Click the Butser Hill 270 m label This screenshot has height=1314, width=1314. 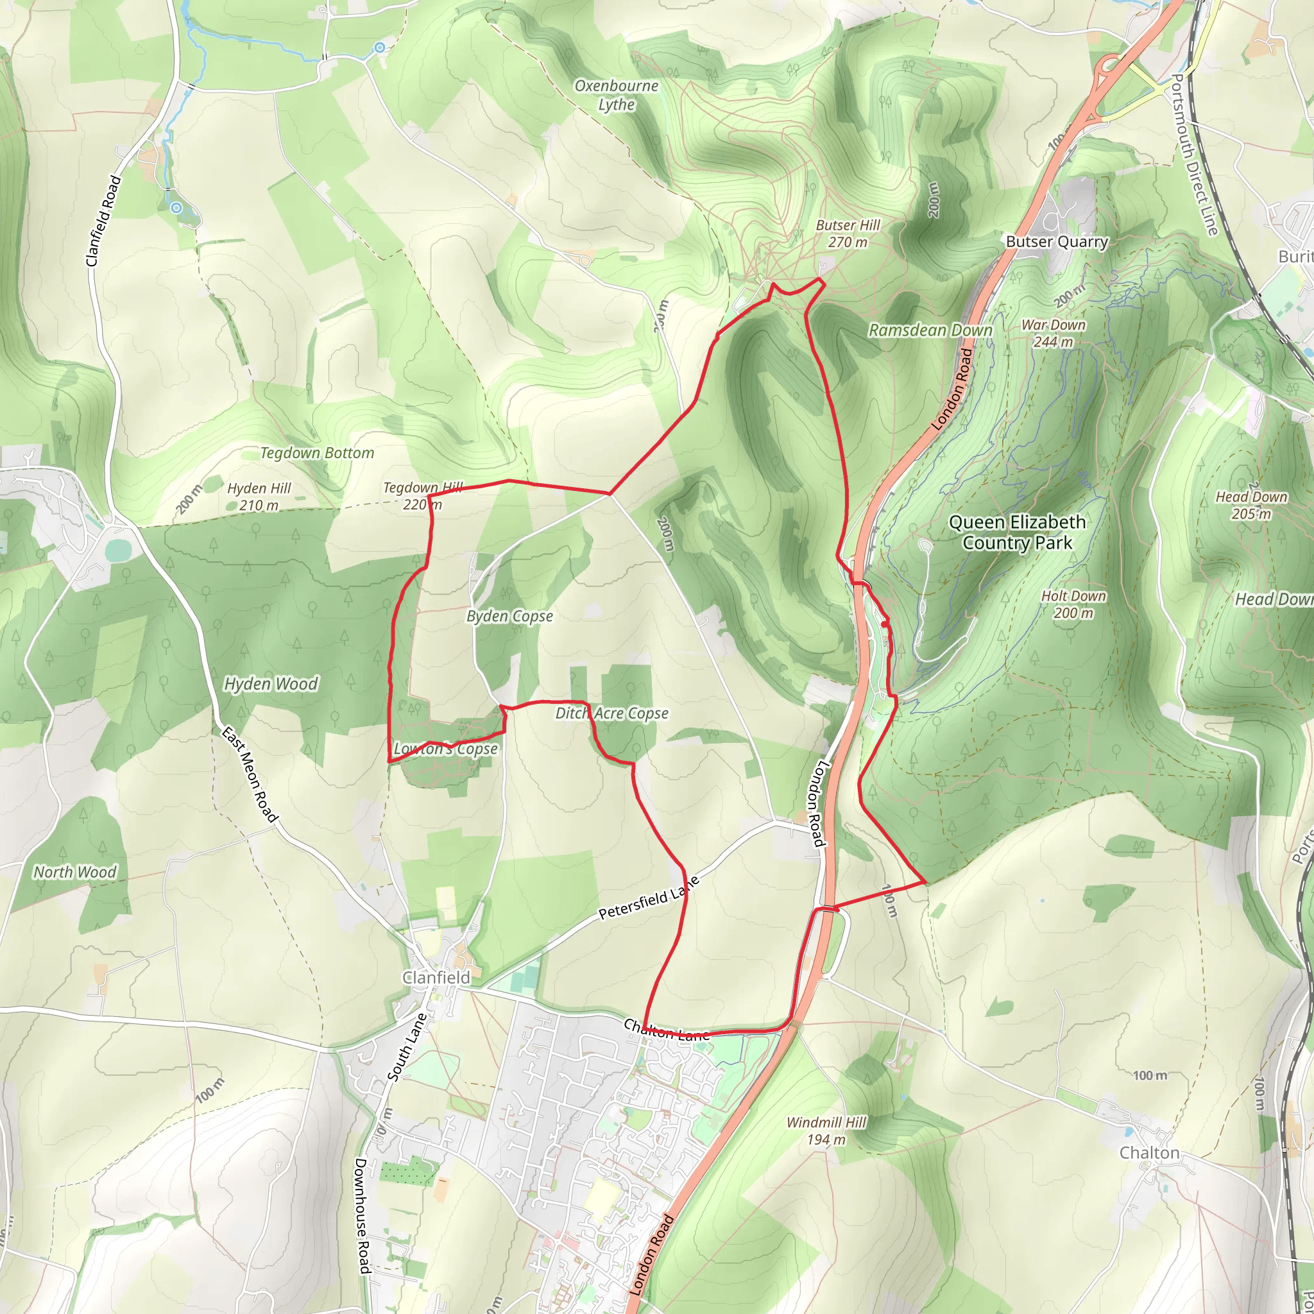tap(848, 234)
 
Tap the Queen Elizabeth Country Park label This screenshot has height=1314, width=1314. tap(1017, 532)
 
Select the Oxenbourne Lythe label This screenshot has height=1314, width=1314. tap(616, 95)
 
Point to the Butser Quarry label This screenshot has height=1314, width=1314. tap(1057, 241)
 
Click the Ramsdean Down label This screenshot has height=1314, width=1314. tap(930, 330)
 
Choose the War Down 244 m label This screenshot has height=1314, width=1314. tap(1053, 333)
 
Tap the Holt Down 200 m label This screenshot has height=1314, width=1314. tap(1073, 604)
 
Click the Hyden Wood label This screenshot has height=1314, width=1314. tap(271, 683)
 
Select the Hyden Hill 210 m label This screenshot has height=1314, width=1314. tap(259, 497)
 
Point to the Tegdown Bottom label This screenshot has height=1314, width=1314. tap(317, 453)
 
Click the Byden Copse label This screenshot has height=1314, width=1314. tap(509, 616)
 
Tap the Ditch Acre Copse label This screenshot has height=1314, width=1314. tap(611, 713)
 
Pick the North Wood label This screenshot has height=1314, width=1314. tap(75, 872)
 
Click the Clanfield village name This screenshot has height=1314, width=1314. tap(436, 977)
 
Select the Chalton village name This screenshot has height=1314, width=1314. tap(1149, 1153)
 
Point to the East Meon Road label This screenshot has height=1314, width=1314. tap(250, 774)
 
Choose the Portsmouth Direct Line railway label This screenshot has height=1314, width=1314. tap(1192, 155)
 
